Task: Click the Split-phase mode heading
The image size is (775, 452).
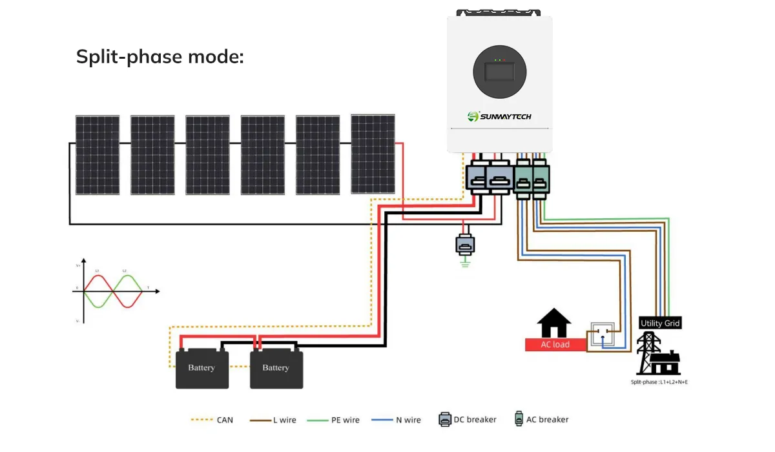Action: pyautogui.click(x=160, y=57)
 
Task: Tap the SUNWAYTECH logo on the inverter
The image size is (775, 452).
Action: pyautogui.click(x=499, y=116)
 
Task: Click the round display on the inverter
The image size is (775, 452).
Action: pyautogui.click(x=499, y=73)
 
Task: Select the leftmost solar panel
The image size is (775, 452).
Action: pyautogui.click(x=97, y=155)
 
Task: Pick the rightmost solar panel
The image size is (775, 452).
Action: pyautogui.click(x=373, y=154)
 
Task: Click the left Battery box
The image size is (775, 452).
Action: pyautogui.click(x=201, y=369)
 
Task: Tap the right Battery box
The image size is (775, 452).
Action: pyautogui.click(x=276, y=369)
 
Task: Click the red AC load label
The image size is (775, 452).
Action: pyautogui.click(x=555, y=344)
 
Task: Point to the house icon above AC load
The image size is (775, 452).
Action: pyautogui.click(x=555, y=323)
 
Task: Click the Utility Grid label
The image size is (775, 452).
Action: pyautogui.click(x=660, y=323)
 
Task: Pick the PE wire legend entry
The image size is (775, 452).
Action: pyautogui.click(x=338, y=420)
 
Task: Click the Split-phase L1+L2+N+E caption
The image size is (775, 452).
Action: pyautogui.click(x=659, y=382)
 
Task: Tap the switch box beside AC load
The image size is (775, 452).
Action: pyautogui.click(x=603, y=336)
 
